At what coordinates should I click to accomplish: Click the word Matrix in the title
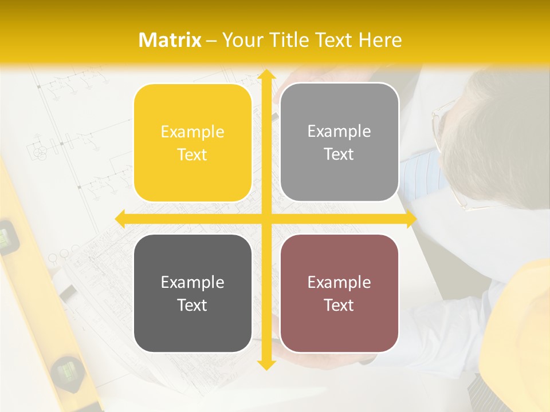170,40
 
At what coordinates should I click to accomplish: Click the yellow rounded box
192,143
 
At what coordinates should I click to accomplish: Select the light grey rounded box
339,142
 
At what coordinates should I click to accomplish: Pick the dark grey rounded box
192,293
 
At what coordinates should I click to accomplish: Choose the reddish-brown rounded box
339,293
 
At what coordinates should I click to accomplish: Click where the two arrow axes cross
266,219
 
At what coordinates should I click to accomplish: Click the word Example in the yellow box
192,132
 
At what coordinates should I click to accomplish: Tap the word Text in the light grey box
339,154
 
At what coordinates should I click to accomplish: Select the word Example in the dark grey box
192,282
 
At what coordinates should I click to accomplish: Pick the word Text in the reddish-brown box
339,305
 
